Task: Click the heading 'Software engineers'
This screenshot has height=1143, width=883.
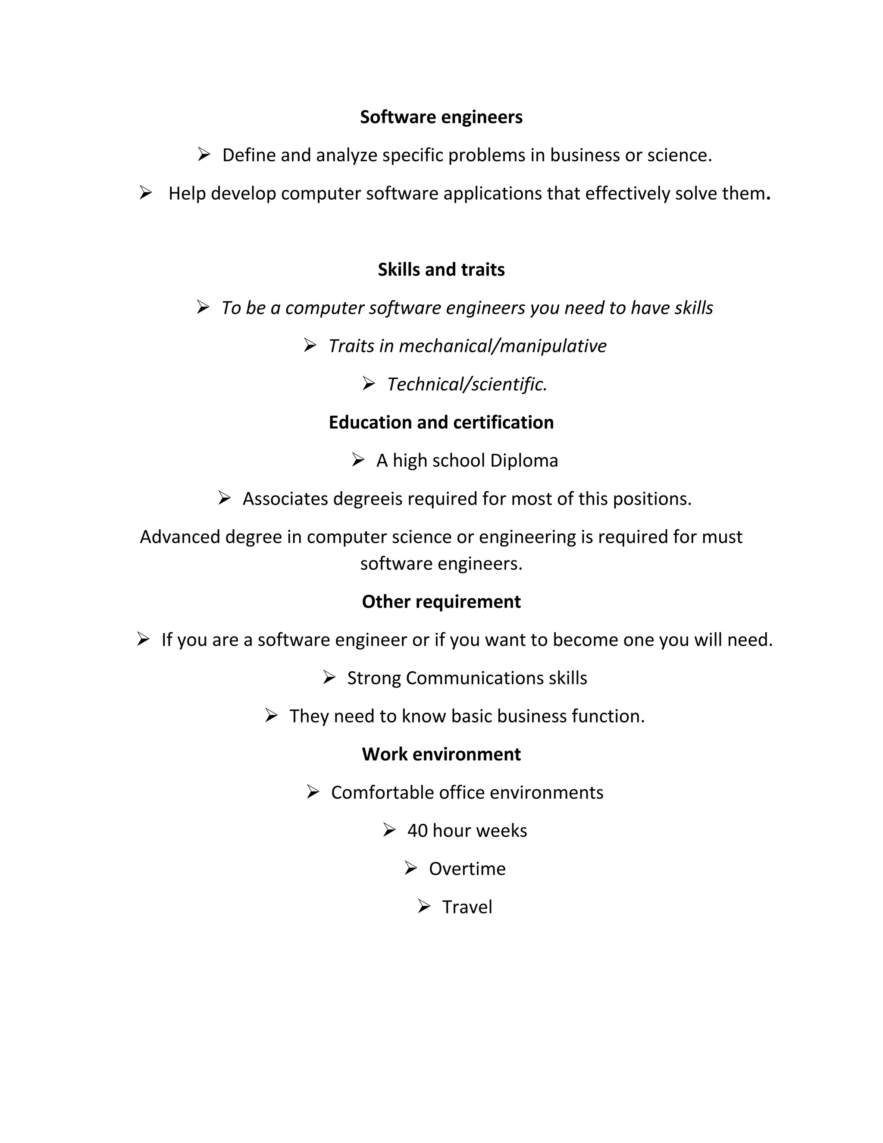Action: [441, 117]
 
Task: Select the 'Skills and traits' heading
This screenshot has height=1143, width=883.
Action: [441, 270]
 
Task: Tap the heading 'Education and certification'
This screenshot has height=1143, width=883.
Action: [441, 422]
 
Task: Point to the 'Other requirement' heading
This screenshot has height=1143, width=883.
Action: [441, 602]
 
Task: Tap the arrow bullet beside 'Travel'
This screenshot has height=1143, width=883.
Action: [424, 906]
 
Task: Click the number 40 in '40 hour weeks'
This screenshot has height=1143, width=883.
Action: [417, 831]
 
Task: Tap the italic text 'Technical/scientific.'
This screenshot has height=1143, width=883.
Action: [467, 384]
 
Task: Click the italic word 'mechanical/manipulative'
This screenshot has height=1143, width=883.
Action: [502, 346]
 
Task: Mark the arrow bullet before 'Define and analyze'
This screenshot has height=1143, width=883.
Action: [204, 154]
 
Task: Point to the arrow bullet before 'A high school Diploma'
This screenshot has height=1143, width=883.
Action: [358, 460]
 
